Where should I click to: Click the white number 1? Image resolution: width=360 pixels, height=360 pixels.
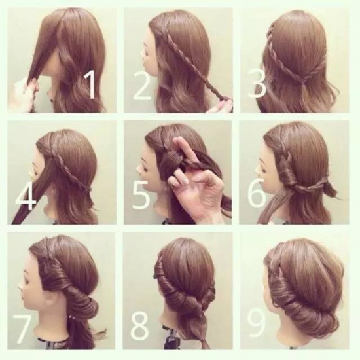click(91, 84)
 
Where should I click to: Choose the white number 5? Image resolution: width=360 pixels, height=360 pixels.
click(141, 194)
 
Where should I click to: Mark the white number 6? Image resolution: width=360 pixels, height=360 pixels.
click(257, 193)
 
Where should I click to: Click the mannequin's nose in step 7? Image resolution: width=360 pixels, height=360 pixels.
click(21, 286)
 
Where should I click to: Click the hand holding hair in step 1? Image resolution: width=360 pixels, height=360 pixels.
click(26, 94)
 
